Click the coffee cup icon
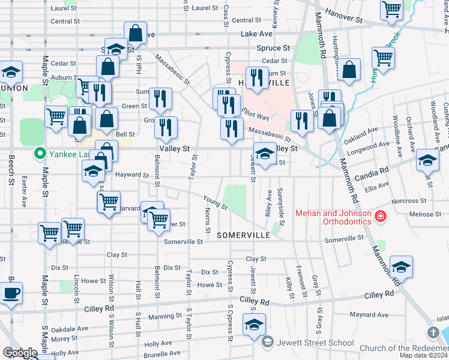[x=11, y=294]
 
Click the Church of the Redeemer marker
[x=433, y=332]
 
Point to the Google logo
[x=20, y=352]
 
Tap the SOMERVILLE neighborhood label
[x=244, y=235]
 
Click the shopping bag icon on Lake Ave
[x=136, y=34]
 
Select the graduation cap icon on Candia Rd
[x=427, y=160]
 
